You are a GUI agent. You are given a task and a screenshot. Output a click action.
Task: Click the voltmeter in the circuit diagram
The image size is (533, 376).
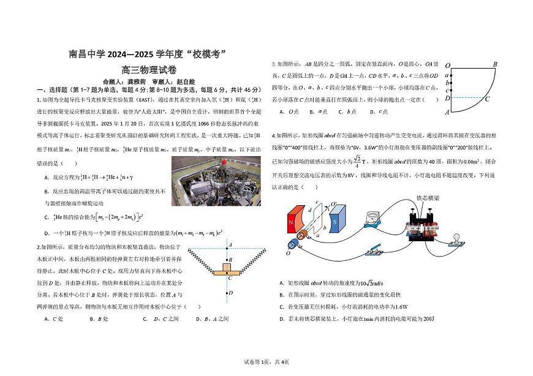(x=370, y=219)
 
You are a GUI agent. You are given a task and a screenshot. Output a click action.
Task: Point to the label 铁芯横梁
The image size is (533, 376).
(x=428, y=198)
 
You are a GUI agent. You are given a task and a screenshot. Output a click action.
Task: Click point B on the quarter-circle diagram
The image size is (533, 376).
(x=494, y=64)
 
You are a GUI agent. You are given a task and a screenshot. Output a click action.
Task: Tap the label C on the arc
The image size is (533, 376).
(x=487, y=99)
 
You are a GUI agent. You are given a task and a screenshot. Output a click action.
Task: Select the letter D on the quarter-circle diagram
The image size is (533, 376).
(x=447, y=98)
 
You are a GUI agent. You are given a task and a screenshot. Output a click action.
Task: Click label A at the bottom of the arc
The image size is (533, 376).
(x=447, y=112)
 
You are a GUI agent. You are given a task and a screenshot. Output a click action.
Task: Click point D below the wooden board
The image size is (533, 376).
(x=230, y=293)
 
